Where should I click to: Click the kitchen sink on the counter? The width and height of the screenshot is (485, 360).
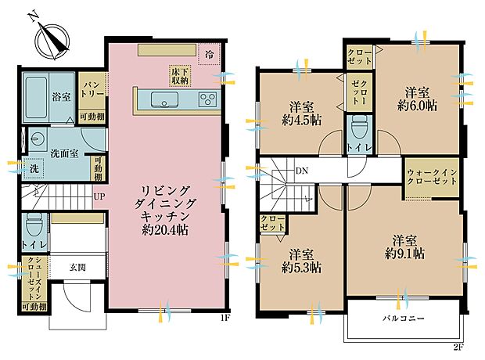pyautogui.click(x=164, y=99)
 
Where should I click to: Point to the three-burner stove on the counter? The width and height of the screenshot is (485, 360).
pyautogui.click(x=207, y=99)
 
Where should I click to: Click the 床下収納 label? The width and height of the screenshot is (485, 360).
pyautogui.click(x=180, y=74)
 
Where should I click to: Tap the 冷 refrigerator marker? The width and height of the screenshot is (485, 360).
pyautogui.click(x=209, y=55)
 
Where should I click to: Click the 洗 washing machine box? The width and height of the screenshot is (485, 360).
pyautogui.click(x=34, y=168)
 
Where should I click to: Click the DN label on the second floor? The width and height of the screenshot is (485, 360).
pyautogui.click(x=301, y=172)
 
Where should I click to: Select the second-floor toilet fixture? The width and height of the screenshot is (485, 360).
pyautogui.click(x=359, y=128)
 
